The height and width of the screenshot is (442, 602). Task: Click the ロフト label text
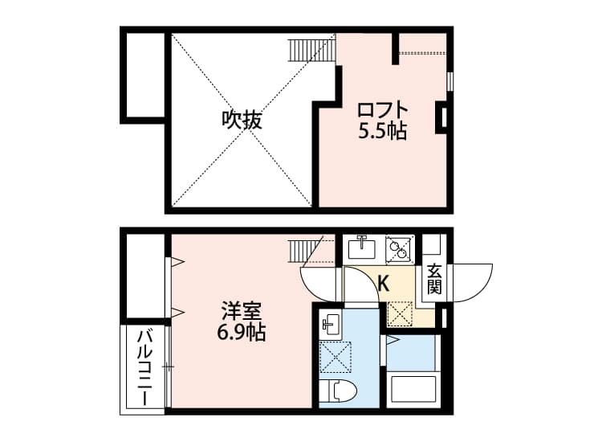(382, 110)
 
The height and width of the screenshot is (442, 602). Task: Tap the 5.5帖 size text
(382, 132)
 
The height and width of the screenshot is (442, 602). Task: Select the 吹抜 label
(242, 120)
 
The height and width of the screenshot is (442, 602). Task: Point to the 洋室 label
(242, 311)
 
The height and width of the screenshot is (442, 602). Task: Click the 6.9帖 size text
(242, 333)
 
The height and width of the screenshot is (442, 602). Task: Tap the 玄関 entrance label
(434, 280)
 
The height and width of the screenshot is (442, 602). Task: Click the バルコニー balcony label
(145, 368)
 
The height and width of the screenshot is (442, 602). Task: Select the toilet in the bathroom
(338, 391)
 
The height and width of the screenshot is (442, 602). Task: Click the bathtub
(413, 389)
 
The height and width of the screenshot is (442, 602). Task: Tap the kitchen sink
(361, 248)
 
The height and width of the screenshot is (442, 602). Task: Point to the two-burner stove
(398, 248)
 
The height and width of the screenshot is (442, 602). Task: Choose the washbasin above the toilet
(330, 324)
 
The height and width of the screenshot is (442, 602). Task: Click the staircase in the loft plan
(311, 50)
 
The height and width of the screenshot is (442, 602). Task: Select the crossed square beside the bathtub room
(399, 313)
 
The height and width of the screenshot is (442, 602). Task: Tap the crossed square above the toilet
(336, 357)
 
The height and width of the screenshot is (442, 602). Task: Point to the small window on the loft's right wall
(450, 81)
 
